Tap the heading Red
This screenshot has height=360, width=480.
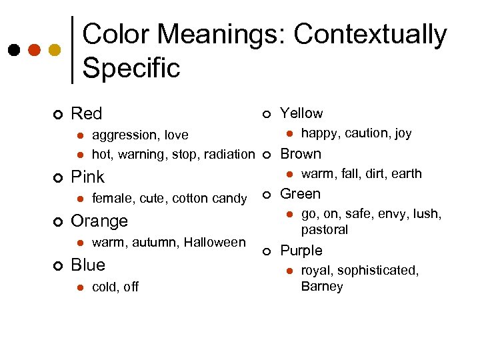tap(87, 114)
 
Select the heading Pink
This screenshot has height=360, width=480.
tap(88, 177)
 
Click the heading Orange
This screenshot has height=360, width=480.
tap(99, 221)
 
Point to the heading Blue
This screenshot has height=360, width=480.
tap(88, 265)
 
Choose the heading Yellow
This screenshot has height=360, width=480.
tap(301, 113)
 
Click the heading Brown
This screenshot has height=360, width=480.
tap(301, 154)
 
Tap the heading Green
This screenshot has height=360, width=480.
tap(300, 194)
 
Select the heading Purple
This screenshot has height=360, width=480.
tap(301, 251)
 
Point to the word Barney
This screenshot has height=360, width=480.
tap(322, 287)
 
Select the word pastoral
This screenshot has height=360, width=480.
tap(325, 230)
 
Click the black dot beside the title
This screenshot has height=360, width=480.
tap(13, 51)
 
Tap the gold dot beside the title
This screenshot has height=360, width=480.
tap(55, 51)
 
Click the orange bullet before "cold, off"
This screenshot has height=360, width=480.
tap(79, 287)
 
